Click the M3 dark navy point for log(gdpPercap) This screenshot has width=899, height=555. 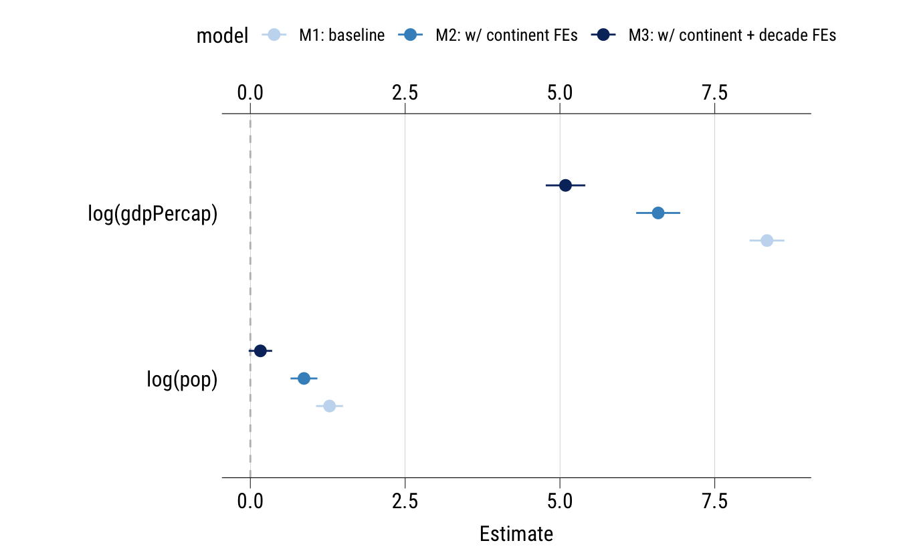[x=565, y=185]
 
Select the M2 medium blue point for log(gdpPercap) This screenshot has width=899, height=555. [x=658, y=213]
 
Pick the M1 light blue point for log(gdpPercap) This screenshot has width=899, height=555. [x=767, y=241]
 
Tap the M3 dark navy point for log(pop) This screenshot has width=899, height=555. [x=260, y=350]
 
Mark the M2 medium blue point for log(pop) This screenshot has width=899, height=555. [x=304, y=378]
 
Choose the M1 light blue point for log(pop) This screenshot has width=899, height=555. [x=329, y=406]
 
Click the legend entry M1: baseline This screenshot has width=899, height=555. [x=341, y=35]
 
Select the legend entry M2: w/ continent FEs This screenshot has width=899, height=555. [x=506, y=35]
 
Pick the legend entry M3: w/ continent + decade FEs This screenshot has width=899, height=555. [x=732, y=35]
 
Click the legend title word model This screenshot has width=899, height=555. [x=222, y=35]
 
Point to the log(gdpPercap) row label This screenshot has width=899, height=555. [x=153, y=214]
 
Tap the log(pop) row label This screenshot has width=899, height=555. [x=182, y=379]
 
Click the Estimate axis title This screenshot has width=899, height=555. [x=516, y=534]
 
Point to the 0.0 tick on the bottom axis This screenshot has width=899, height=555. [x=250, y=502]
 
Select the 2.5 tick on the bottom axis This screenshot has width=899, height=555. [x=405, y=502]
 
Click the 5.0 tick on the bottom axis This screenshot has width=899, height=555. [x=560, y=502]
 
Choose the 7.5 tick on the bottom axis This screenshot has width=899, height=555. [x=715, y=502]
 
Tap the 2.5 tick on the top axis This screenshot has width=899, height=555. [x=405, y=93]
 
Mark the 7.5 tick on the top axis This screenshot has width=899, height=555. [x=715, y=93]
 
